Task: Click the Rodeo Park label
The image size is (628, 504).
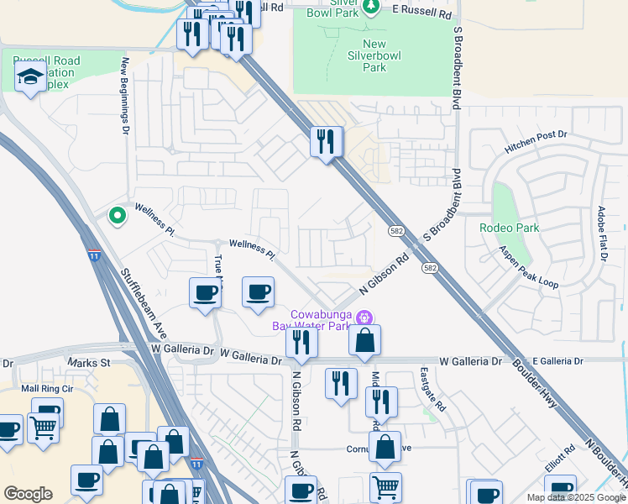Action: pos(508,228)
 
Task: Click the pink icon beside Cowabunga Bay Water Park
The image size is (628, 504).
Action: pos(364,318)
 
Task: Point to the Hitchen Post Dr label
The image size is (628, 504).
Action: pos(536,141)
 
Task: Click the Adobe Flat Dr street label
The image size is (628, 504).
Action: pos(602,234)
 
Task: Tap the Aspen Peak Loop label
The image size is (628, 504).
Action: pos(529,267)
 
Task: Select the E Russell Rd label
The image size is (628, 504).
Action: pos(422,9)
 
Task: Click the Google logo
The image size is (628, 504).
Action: pos(28,494)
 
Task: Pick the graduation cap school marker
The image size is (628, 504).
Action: pos(31,78)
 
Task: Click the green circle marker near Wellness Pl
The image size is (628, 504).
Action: pos(118,216)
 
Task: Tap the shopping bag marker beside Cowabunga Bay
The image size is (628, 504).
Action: pos(364,340)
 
